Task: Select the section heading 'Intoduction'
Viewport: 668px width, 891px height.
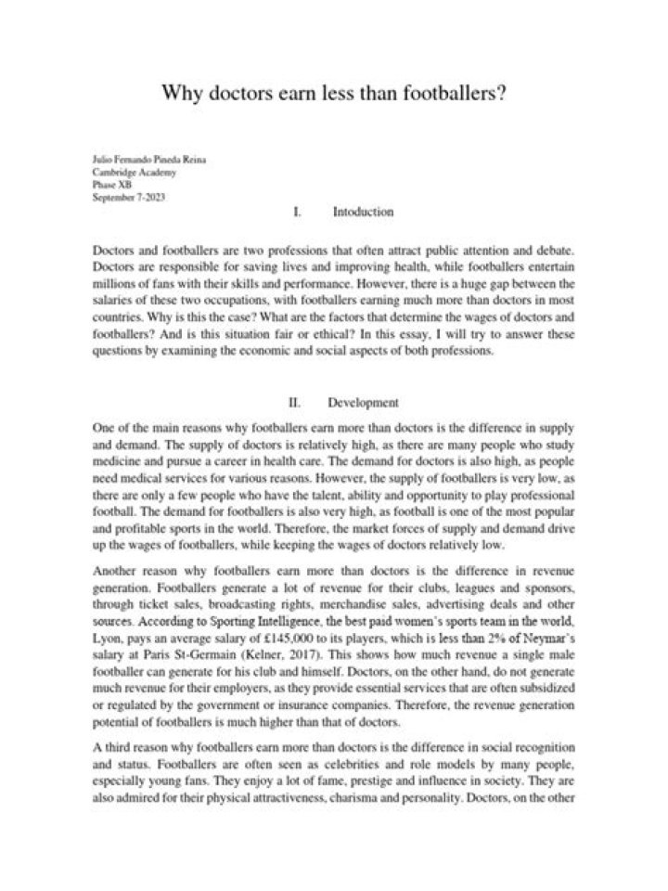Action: click(363, 213)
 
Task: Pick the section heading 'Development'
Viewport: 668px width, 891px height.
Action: click(363, 404)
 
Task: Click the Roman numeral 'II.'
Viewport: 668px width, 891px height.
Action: click(296, 404)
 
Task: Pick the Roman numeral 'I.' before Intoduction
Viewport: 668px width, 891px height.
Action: click(297, 213)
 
